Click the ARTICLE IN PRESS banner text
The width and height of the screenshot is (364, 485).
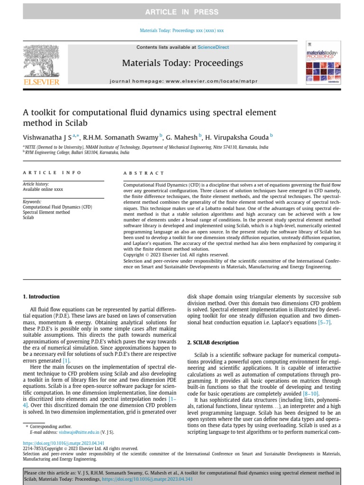point(182,12)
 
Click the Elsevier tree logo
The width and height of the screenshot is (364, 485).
point(41,62)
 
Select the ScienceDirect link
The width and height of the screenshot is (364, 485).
point(213,47)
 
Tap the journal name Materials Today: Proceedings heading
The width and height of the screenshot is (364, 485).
point(182,63)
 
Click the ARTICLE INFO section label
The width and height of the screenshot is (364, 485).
point(52,173)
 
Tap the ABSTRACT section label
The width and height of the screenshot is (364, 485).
point(144,173)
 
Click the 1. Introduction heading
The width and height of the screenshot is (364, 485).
point(41,297)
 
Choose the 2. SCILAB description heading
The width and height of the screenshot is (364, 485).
point(213,342)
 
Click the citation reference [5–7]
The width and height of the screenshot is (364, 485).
point(324,323)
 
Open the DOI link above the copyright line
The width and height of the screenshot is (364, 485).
point(64,443)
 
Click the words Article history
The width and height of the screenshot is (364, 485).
point(36,184)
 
